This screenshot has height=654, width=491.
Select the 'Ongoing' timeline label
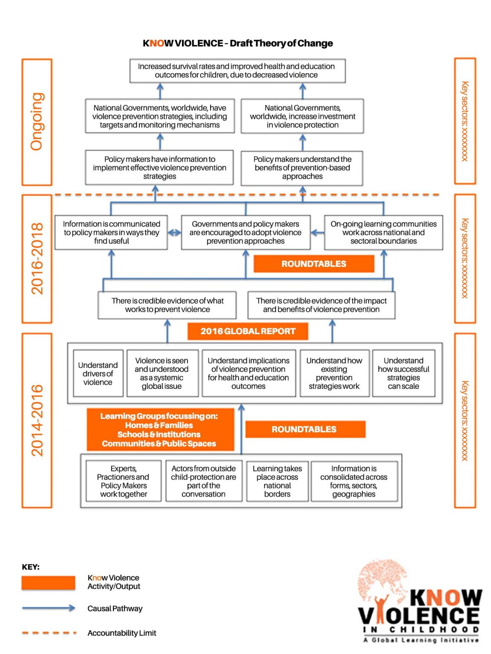37,121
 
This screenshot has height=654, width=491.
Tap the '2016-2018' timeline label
37,258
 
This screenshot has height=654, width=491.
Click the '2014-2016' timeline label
37,420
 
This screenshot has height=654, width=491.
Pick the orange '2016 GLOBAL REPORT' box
248,331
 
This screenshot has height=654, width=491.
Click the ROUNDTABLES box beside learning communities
314,264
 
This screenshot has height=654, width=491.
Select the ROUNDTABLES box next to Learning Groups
304,429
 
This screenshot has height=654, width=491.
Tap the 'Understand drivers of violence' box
98,373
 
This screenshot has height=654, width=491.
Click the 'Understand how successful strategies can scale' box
403,373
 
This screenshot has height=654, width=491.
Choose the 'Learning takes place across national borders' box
277,481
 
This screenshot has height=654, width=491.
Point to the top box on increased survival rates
237,71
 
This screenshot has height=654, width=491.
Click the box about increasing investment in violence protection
302,116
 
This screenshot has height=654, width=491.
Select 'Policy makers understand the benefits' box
302,168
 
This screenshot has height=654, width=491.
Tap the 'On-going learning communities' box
383,232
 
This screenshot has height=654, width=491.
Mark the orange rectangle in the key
48,583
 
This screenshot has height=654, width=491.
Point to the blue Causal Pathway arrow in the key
48,608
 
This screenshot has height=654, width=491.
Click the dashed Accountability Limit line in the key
48,633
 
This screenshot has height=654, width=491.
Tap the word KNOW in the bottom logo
445,598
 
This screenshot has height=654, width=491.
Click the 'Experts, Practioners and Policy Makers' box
124,481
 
